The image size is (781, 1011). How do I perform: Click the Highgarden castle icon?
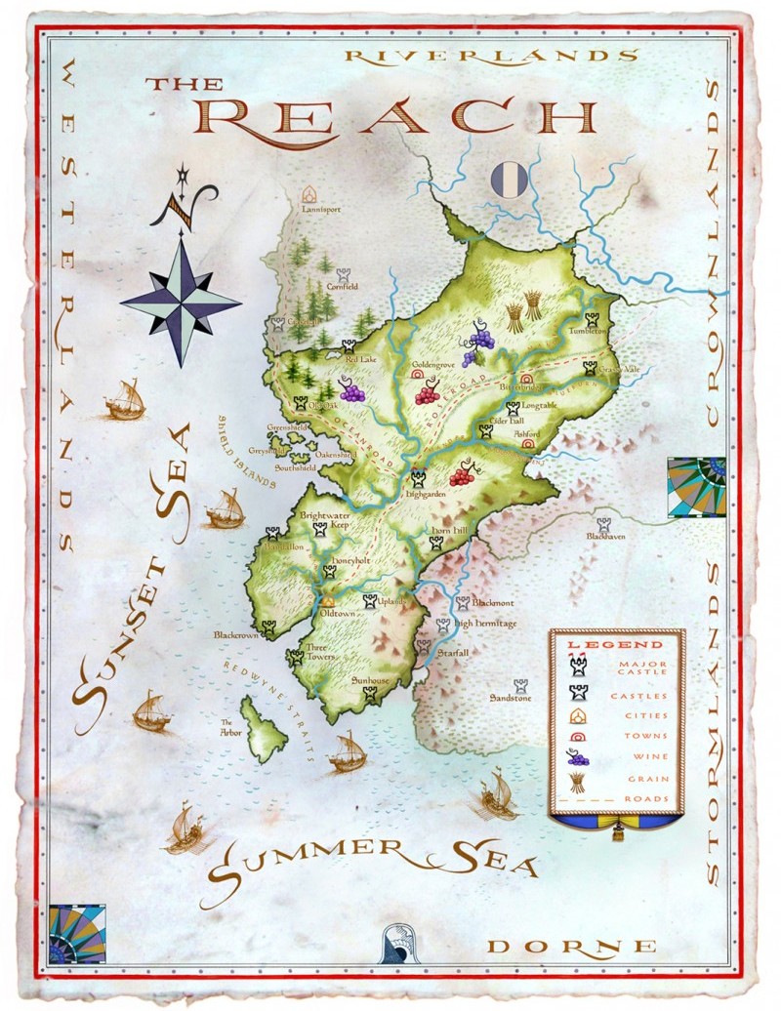(419, 479)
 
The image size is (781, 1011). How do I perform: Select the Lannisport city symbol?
(311, 193)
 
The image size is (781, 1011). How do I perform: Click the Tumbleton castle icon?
(593, 318)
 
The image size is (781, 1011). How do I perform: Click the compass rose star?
(181, 302)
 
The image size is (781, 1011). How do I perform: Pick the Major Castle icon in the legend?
(577, 667)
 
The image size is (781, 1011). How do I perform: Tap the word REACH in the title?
(399, 116)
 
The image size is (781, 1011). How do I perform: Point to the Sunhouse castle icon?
(370, 694)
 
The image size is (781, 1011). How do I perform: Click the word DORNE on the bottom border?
(571, 946)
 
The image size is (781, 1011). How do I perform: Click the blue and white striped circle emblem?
(510, 179)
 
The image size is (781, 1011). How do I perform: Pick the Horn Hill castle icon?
(435, 543)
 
